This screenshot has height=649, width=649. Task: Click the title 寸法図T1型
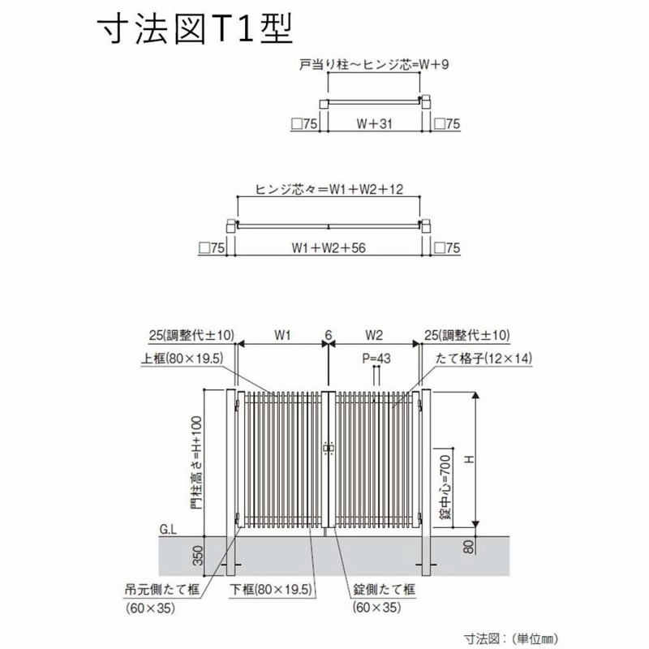click(196, 28)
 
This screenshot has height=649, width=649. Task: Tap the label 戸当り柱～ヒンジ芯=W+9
click(374, 65)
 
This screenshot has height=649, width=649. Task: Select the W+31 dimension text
click(374, 123)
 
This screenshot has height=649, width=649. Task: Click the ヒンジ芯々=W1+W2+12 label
click(329, 189)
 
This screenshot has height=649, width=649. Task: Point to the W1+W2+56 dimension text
click(329, 247)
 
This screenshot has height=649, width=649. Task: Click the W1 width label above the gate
click(282, 335)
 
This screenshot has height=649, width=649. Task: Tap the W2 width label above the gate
click(374, 335)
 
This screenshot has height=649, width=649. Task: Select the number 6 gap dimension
click(329, 335)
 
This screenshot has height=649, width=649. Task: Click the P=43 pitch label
click(376, 359)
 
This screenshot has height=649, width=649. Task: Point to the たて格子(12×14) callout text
click(484, 359)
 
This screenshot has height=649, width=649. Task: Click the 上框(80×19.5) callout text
click(182, 359)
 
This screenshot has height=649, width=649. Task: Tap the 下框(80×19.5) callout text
click(271, 589)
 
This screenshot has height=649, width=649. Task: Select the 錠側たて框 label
click(384, 589)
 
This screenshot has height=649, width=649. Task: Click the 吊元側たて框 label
click(162, 589)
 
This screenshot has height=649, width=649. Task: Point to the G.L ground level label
click(168, 530)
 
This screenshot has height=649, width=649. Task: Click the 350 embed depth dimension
click(198, 556)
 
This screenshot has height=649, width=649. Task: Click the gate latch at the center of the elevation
click(329, 449)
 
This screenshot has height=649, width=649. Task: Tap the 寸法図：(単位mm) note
click(511, 638)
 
